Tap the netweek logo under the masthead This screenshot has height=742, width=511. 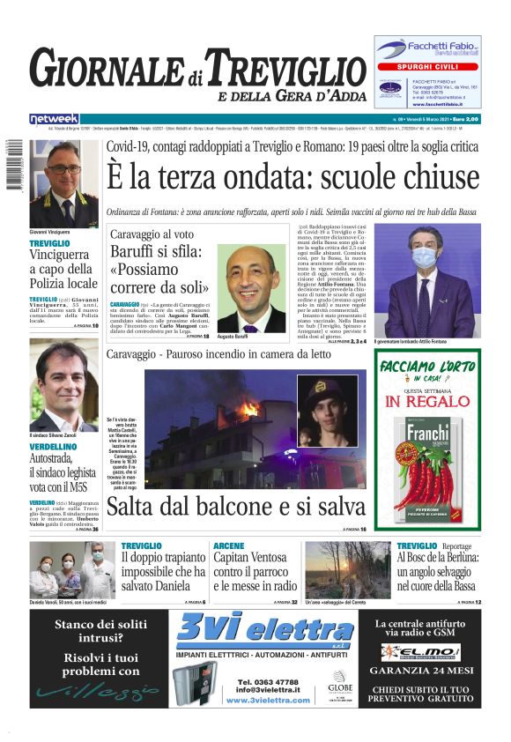coord(54,118)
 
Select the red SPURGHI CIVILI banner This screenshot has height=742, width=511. coord(428,66)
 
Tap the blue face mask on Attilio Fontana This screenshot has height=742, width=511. coord(425,257)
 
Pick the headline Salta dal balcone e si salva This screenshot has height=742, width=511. coord(235,507)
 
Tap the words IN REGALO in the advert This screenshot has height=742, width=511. coord(427,402)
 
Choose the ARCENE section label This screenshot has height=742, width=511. coord(229,546)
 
